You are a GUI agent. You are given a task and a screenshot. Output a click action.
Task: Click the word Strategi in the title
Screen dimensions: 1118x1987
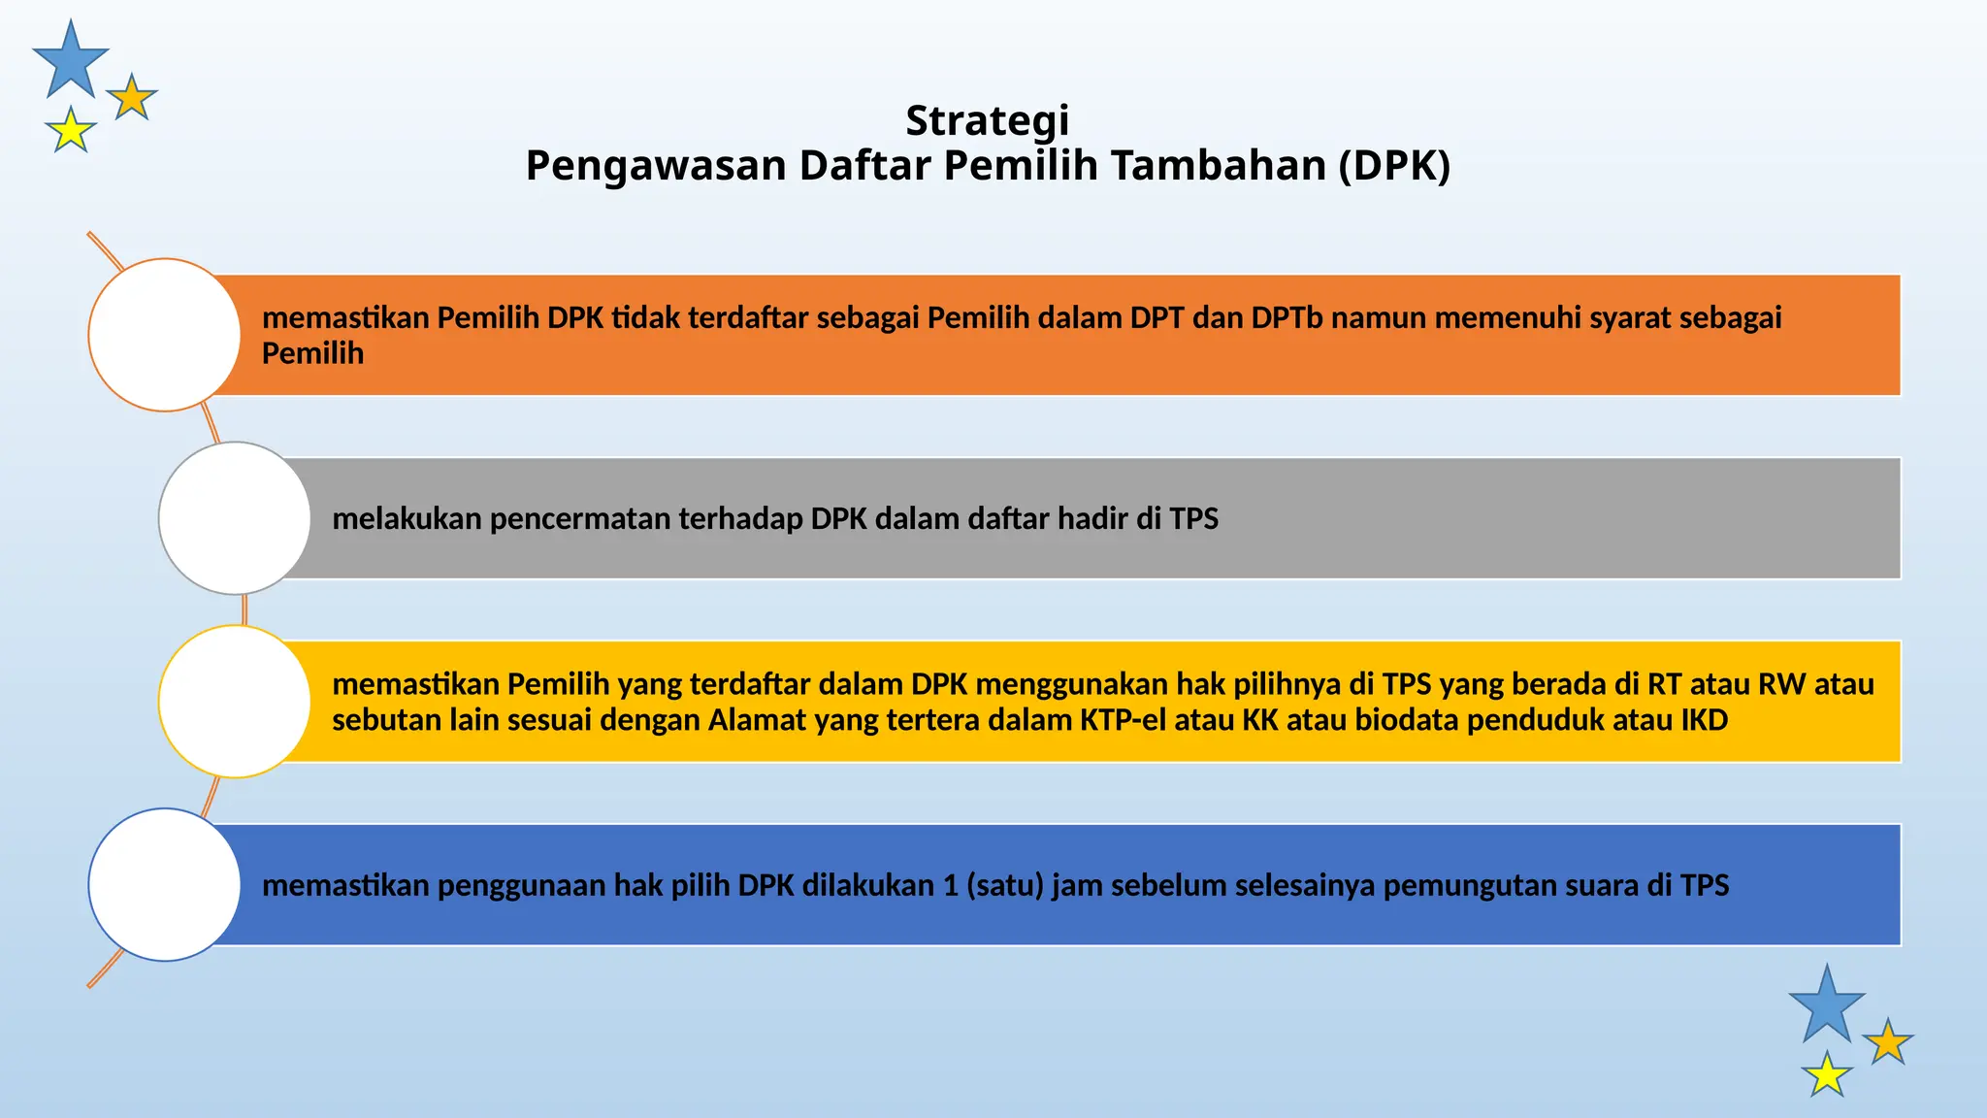click(987, 121)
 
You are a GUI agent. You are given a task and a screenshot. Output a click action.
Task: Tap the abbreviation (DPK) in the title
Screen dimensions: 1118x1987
click(1394, 166)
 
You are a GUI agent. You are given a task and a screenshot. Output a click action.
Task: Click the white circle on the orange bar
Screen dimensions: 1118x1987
click(164, 335)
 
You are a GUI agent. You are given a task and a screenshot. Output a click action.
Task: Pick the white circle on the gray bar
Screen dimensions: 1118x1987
click(234, 518)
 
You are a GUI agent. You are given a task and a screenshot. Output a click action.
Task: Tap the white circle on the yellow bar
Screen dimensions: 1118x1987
click(234, 701)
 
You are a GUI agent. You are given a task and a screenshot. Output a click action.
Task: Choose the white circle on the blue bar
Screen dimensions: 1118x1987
click(164, 884)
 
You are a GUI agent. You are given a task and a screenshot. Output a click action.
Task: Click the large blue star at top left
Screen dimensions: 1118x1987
click(70, 61)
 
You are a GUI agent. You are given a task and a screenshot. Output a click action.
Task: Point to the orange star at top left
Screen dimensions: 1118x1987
click(132, 98)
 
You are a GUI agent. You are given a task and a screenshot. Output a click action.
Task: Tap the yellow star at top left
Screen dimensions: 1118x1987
click(71, 131)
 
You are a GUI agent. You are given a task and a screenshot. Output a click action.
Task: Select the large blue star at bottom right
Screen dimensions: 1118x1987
click(1826, 1006)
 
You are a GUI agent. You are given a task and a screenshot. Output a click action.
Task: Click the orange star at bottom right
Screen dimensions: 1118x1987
click(1888, 1042)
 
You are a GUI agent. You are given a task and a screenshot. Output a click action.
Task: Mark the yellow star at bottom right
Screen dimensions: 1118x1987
click(1827, 1075)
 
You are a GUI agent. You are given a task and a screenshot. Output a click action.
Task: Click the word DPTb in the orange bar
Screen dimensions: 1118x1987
click(1287, 318)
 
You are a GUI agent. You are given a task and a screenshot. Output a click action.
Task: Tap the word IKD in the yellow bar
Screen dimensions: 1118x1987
click(1704, 720)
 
